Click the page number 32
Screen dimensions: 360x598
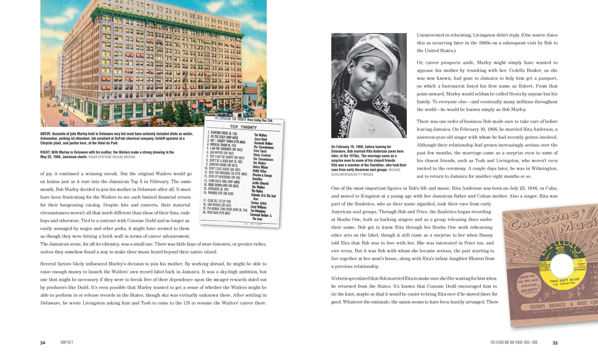click(x=43, y=343)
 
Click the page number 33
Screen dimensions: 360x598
click(x=555, y=343)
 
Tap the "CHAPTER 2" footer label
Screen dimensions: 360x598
click(x=67, y=343)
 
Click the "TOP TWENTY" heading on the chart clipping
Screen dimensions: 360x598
click(x=243, y=127)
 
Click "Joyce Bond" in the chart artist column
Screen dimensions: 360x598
click(x=260, y=139)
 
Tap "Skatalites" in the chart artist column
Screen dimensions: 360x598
click(x=257, y=179)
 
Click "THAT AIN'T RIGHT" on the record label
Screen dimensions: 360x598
click(x=564, y=281)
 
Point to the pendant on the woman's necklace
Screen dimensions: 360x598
click(x=372, y=131)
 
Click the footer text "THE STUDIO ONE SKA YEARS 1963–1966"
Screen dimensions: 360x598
click(x=514, y=343)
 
